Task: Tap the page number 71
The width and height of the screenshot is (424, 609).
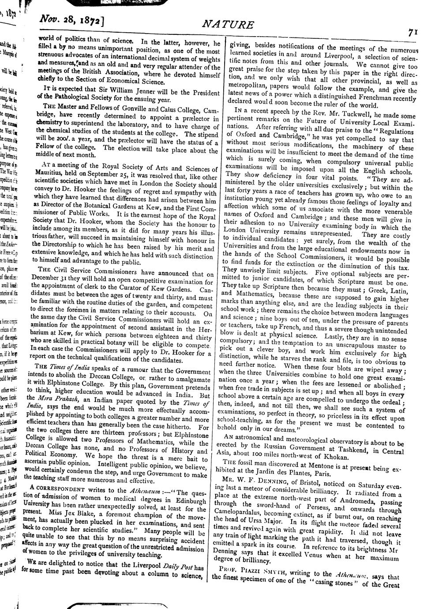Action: coord(413,32)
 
